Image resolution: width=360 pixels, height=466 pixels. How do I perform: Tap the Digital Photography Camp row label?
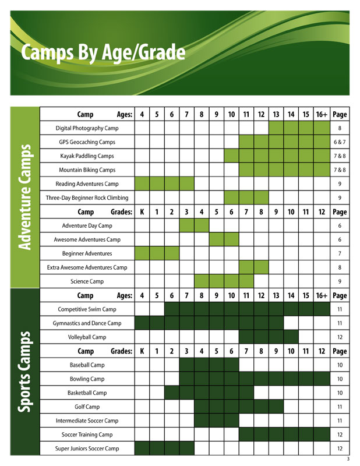(87, 128)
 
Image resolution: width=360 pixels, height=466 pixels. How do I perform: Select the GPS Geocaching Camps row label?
(87, 142)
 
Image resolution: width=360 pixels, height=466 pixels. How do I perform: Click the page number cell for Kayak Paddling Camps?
(339, 156)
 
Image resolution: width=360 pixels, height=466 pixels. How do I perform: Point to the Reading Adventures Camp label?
(87, 184)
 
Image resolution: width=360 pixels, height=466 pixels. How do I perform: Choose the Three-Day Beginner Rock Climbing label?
(87, 198)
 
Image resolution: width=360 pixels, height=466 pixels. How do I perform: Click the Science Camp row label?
(87, 281)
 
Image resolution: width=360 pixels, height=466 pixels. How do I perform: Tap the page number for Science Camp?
(339, 281)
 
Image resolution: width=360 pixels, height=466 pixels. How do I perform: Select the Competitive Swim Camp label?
(87, 309)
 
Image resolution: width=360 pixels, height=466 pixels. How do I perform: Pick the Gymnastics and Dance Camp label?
(87, 323)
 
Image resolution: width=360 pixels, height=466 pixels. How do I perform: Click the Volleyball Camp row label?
(87, 337)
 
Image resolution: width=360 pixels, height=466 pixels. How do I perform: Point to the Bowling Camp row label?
(87, 379)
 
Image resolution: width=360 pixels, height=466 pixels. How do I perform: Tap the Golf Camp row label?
(87, 407)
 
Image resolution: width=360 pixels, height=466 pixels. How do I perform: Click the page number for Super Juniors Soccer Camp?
(339, 449)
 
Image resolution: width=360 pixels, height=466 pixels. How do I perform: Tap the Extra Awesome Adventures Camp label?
(87, 267)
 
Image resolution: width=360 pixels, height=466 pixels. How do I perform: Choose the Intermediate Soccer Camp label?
(87, 421)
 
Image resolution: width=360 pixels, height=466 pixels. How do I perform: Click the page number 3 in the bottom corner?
(347, 460)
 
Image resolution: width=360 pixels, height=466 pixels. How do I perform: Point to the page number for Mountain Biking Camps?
(339, 170)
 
